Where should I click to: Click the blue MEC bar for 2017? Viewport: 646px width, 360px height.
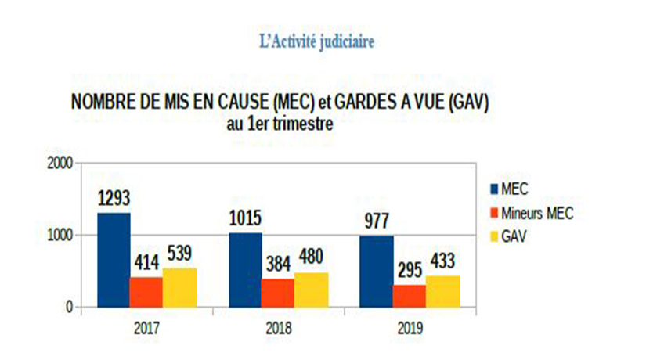(x=114, y=260)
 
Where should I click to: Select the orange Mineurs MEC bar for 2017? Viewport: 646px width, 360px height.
(x=146, y=292)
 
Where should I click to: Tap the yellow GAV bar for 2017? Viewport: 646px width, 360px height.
(x=179, y=287)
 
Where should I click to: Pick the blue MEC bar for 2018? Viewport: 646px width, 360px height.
(x=245, y=270)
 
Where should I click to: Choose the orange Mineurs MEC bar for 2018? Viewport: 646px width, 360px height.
(x=278, y=293)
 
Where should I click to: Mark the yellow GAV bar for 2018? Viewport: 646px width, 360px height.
(x=311, y=290)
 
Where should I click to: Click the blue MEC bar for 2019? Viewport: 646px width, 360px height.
(x=377, y=271)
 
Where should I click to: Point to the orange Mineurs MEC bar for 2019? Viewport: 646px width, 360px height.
(x=410, y=296)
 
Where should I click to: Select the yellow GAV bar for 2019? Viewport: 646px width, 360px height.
(x=442, y=291)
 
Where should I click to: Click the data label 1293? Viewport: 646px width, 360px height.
(x=114, y=199)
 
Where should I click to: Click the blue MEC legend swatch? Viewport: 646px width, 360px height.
(x=494, y=188)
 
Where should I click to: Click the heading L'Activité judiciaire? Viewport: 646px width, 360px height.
(x=316, y=40)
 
